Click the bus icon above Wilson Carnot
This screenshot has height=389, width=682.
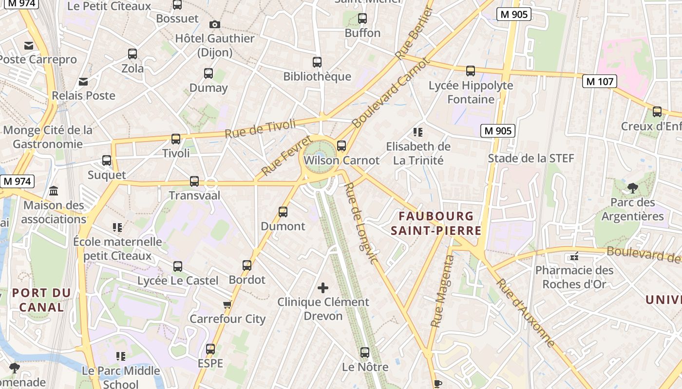pyautogui.click(x=341, y=145)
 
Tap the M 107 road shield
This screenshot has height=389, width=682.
pyautogui.click(x=600, y=81)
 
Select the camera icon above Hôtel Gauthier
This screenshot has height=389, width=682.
pyautogui.click(x=214, y=24)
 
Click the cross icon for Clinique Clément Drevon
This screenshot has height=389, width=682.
pyautogui.click(x=323, y=288)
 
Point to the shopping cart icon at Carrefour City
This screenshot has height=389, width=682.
pyautogui.click(x=227, y=305)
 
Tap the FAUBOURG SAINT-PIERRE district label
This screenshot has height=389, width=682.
pyautogui.click(x=436, y=223)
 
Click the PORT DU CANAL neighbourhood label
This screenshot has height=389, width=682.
pyautogui.click(x=41, y=300)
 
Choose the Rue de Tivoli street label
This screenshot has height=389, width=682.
pyautogui.click(x=260, y=128)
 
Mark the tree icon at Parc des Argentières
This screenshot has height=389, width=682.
pyautogui.click(x=632, y=188)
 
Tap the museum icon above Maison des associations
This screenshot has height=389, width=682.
pyautogui.click(x=54, y=191)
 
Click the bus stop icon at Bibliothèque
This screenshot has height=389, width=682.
pyautogui.click(x=317, y=62)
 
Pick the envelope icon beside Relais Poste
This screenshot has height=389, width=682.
pyautogui.click(x=84, y=81)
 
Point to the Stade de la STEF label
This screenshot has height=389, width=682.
pyautogui.click(x=531, y=159)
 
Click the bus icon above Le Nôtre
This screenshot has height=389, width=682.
pyautogui.click(x=365, y=353)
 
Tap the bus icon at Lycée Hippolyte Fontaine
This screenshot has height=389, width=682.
pyautogui.click(x=470, y=71)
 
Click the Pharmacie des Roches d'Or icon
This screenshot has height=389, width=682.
pyautogui.click(x=574, y=256)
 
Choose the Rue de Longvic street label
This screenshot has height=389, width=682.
pyautogui.click(x=361, y=223)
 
